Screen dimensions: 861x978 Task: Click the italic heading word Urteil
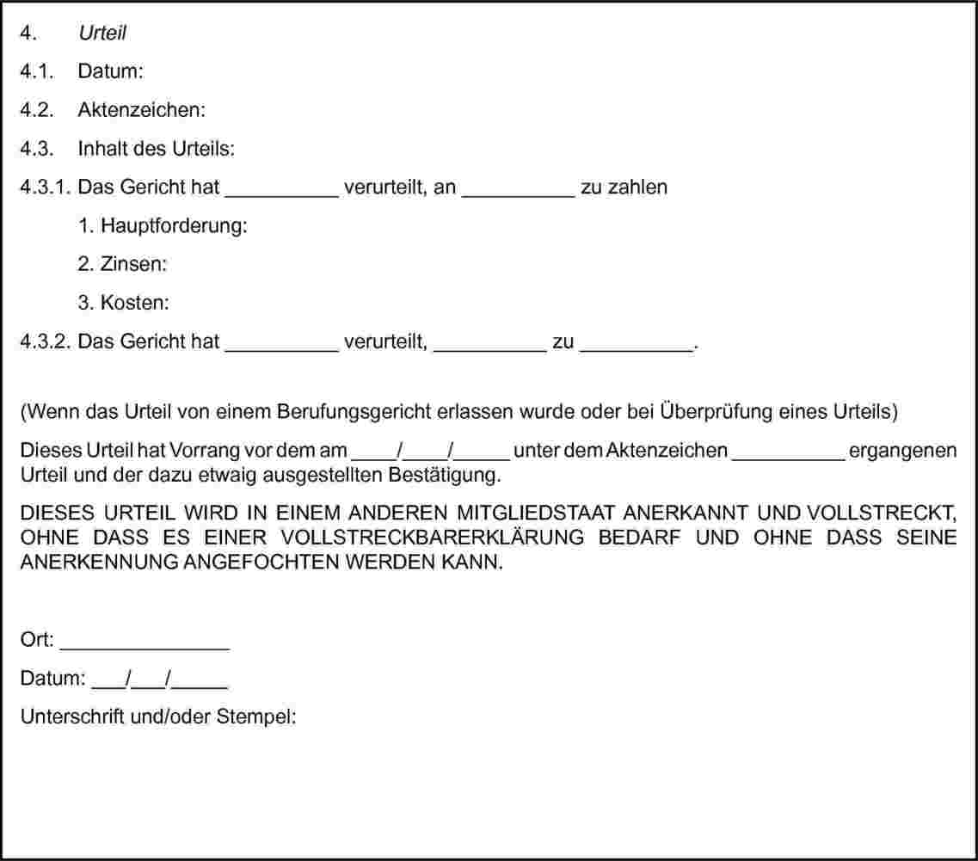pos(102,34)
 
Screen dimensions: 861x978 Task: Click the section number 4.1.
pos(38,71)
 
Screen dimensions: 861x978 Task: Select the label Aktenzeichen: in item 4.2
pos(142,110)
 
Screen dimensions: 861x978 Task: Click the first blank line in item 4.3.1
pos(282,191)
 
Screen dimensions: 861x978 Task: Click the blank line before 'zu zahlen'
pos(519,191)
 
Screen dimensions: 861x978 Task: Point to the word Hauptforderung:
pos(175,226)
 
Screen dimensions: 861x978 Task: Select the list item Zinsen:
pos(133,264)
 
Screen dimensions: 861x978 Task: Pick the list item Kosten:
pos(135,303)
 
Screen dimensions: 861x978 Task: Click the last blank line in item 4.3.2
pos(637,346)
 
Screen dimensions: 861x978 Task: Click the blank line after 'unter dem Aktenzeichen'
pos(788,456)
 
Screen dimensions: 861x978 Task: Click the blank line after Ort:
pos(145,644)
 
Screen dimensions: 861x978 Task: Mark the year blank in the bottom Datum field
pos(204,683)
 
